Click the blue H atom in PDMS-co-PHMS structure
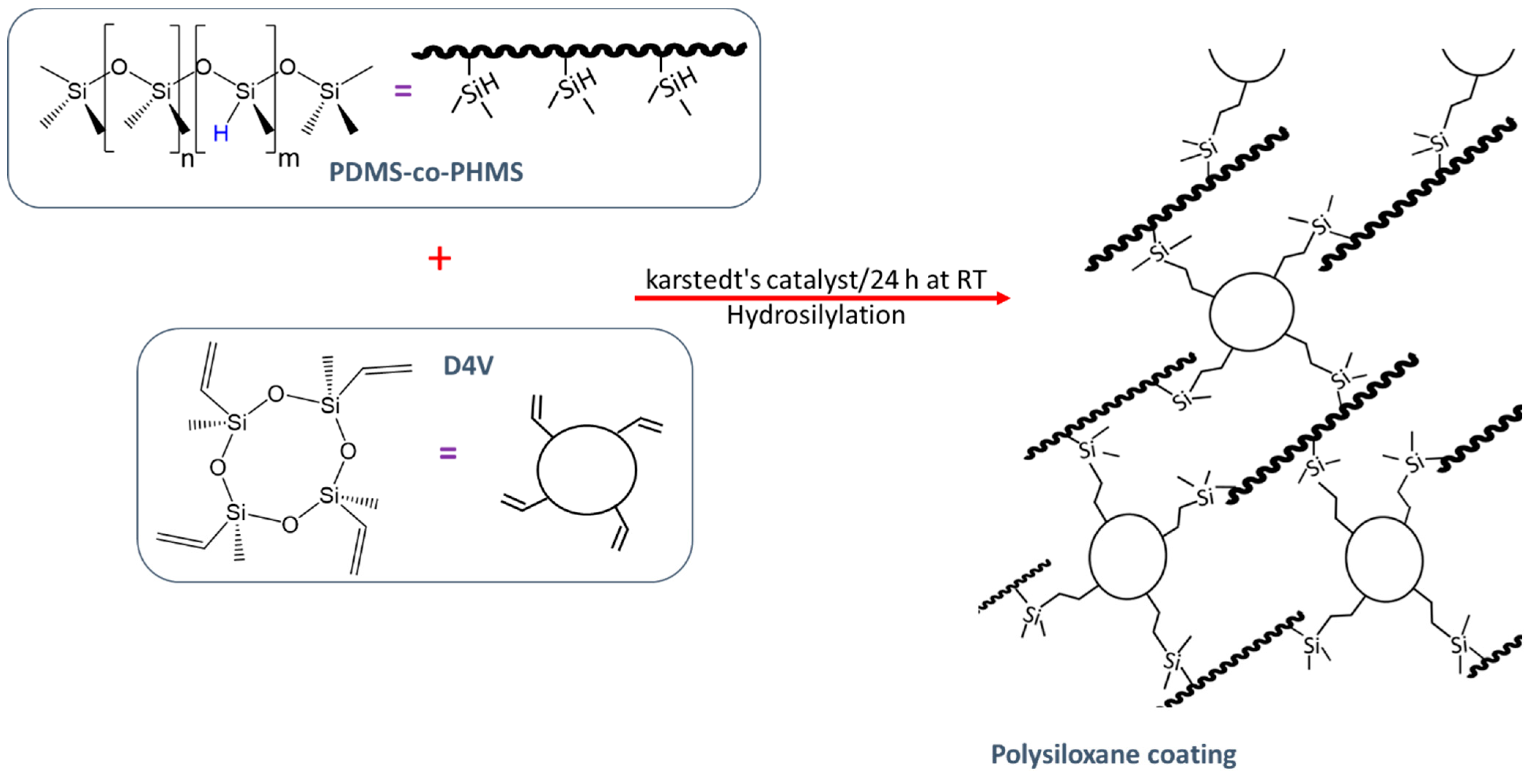coord(220,133)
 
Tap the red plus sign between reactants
coord(440,259)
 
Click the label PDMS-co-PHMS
coord(426,172)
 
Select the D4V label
coord(468,365)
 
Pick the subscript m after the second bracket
coord(289,158)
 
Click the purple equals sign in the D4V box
coord(447,454)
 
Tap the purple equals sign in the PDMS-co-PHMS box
coord(403,91)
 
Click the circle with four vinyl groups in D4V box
coord(587,470)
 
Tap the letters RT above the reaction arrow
coord(971,280)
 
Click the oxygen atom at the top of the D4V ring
coord(276,394)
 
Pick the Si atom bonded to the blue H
coord(245,91)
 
